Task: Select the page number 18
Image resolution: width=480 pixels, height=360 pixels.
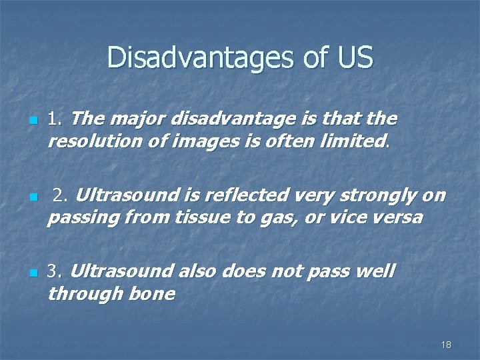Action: point(446,345)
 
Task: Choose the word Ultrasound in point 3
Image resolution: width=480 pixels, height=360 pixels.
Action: point(121,272)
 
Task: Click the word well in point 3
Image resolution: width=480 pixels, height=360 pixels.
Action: point(376,272)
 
